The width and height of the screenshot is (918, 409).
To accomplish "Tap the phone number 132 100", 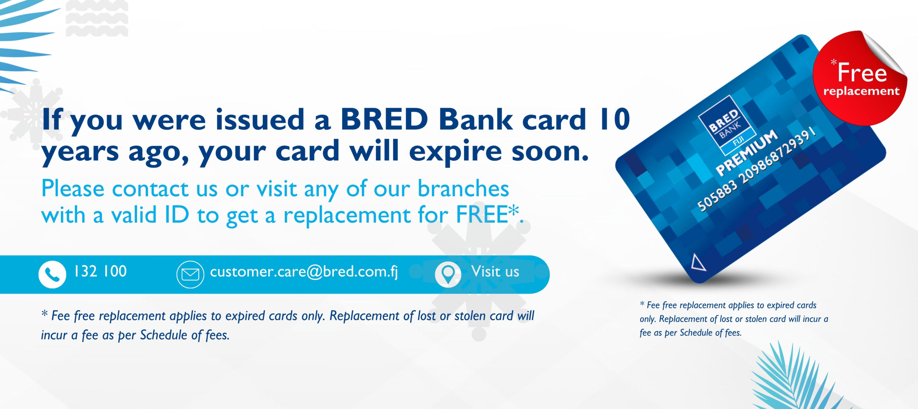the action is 100,271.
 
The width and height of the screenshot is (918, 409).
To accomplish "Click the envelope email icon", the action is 190,275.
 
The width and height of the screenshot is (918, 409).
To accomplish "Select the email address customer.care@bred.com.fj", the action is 304,272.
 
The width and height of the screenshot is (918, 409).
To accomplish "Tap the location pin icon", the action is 448,274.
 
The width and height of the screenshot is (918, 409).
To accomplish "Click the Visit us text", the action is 495,271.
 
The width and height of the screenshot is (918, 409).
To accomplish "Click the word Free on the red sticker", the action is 862,72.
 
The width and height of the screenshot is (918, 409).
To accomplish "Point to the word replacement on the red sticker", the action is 861,91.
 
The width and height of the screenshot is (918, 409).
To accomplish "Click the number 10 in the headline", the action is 614,119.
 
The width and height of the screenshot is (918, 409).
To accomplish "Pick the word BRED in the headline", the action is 384,119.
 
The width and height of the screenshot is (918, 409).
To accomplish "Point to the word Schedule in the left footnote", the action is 164,335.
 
